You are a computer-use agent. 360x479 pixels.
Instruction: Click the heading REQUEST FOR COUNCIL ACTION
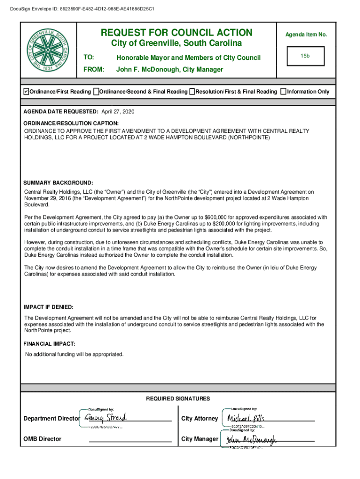[x=177, y=33]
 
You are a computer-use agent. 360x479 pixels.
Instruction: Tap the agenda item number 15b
[x=305, y=56]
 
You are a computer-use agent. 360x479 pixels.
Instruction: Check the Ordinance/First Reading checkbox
[x=26, y=91]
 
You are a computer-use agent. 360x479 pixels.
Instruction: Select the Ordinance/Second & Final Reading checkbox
[x=96, y=91]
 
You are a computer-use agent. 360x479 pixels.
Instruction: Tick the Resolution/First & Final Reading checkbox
[x=192, y=91]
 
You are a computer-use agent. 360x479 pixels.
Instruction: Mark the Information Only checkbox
[x=283, y=91]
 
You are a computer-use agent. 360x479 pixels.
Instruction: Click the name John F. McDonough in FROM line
[x=148, y=69]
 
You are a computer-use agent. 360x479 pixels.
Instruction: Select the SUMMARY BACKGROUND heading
[x=58, y=182]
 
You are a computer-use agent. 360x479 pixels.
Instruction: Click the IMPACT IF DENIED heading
[x=48, y=307]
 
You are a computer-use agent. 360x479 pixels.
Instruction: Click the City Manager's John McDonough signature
[x=251, y=439]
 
